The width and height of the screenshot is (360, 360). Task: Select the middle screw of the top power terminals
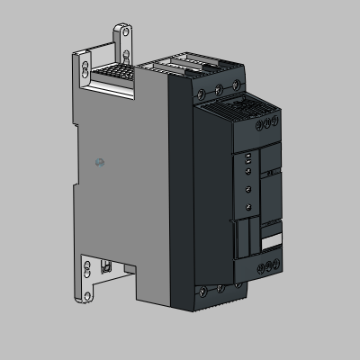[x=219, y=90]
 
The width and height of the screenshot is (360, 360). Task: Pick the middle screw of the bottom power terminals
[x=220, y=288]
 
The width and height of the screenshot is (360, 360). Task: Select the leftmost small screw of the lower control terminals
[x=259, y=265]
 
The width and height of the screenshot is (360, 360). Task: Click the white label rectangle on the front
[x=270, y=242]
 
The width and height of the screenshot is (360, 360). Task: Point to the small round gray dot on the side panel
[x=100, y=162]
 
